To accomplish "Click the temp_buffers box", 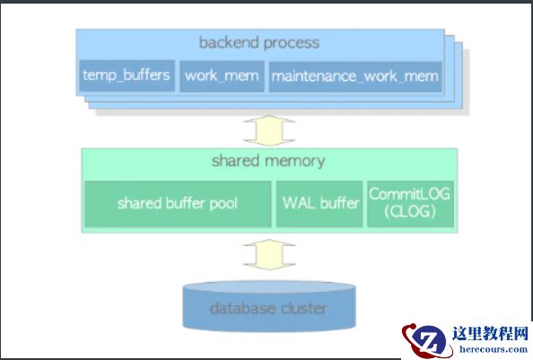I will pos(127,75).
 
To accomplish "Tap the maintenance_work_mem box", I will pos(354,75).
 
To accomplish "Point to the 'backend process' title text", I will pos(259,42).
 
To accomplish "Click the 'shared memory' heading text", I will pos(268,162).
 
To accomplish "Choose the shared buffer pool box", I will pos(178,203).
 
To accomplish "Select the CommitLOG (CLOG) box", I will pos(410,203).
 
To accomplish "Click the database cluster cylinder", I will pos(268,308).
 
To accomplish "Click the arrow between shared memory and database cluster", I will pos(269,254).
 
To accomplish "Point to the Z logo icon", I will pos(427,339).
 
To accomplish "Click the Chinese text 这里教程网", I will pos(492,333).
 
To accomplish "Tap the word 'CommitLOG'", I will pos(411,194).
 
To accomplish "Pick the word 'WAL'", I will pos(298,203).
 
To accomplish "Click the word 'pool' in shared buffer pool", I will pos(224,203).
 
